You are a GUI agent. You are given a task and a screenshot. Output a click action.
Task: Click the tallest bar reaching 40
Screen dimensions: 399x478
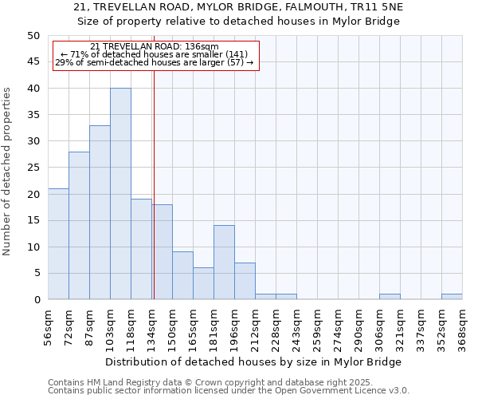click(120, 194)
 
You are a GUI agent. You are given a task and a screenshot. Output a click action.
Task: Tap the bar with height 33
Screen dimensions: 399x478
click(100, 212)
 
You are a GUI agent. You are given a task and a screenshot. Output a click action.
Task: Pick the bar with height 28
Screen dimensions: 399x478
click(79, 226)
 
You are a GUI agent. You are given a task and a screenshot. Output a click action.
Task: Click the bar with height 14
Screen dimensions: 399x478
click(224, 263)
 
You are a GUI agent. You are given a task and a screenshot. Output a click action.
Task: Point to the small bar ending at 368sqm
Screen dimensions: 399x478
click(452, 297)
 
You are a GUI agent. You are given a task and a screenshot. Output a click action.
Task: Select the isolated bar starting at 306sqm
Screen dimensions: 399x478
click(390, 297)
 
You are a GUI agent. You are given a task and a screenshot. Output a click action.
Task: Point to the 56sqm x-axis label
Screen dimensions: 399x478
click(48, 326)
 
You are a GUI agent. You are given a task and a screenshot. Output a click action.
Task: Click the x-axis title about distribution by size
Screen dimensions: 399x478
click(253, 361)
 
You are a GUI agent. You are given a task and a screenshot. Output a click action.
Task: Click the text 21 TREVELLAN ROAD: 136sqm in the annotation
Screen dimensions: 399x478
click(155, 47)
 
